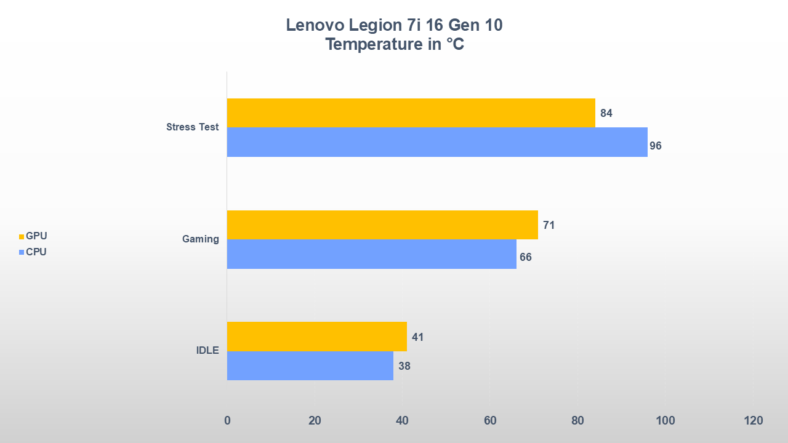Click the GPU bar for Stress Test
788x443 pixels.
click(x=411, y=113)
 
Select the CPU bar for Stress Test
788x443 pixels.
click(x=437, y=142)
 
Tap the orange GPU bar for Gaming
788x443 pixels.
click(x=382, y=225)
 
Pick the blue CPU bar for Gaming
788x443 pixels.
click(x=371, y=254)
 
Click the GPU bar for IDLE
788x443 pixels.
click(x=316, y=337)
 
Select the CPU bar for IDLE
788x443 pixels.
click(x=310, y=365)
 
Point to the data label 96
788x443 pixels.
click(x=656, y=146)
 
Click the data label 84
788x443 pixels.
click(x=606, y=113)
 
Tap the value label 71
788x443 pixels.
click(x=549, y=225)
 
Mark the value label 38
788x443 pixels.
click(x=404, y=366)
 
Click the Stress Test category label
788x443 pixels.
click(x=192, y=127)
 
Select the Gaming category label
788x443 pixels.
click(x=201, y=239)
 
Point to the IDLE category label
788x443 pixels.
click(x=207, y=351)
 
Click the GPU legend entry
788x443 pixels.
click(x=33, y=236)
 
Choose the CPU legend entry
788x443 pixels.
click(x=33, y=252)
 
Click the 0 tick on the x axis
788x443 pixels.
click(x=227, y=421)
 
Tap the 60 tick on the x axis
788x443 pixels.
click(x=490, y=421)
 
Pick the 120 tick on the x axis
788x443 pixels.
click(x=753, y=421)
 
